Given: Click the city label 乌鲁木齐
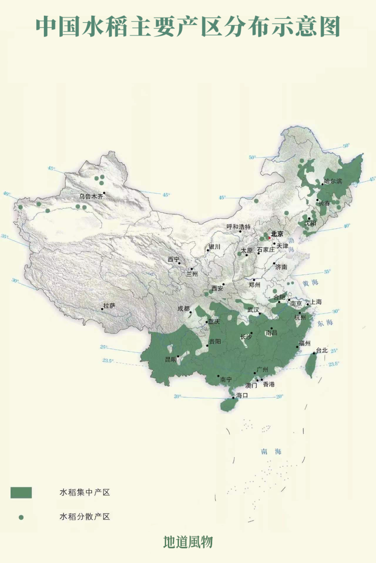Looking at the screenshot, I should tap(91, 196).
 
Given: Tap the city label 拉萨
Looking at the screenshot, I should tap(109, 306).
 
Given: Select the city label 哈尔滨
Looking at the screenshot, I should tap(333, 182).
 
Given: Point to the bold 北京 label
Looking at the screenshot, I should tap(277, 234).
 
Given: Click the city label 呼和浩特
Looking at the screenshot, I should tap(238, 227).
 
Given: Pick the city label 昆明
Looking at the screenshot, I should tap(171, 360).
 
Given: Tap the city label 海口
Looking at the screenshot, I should tap(242, 395).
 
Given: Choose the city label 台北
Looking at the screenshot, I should tap(322, 351).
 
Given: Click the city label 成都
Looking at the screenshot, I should tap(183, 309).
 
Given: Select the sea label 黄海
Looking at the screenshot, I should tap(310, 283).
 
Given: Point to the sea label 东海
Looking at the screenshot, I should tap(325, 323).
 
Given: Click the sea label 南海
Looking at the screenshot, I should tap(271, 452).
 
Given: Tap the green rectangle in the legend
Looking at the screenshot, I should tap(21, 492).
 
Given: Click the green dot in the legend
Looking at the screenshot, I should tap(21, 517).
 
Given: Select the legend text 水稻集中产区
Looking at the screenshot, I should tap(85, 492).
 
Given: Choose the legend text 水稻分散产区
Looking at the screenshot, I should tap(85, 517).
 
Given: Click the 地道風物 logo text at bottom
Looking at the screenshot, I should tap(188, 542).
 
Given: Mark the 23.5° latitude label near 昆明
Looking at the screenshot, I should tap(108, 361).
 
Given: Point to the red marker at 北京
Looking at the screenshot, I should tap(269, 238).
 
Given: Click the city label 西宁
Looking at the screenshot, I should tap(173, 259).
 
